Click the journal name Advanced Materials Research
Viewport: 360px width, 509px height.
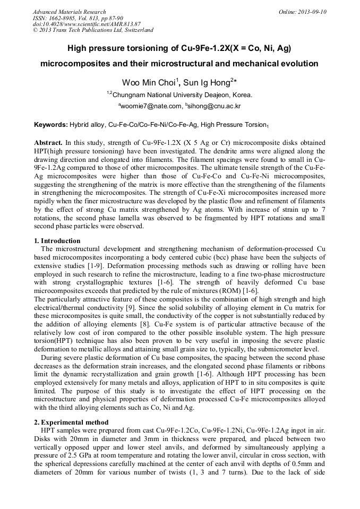(69, 12)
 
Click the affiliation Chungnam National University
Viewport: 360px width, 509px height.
(160, 95)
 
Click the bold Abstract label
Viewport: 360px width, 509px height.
(49, 143)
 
